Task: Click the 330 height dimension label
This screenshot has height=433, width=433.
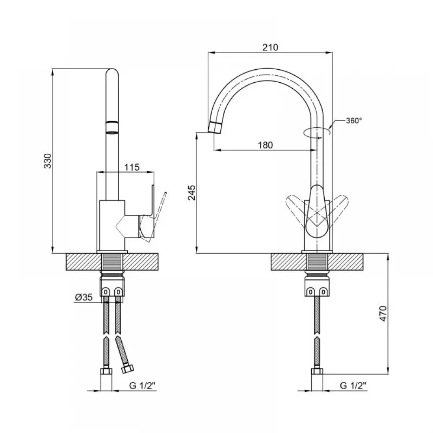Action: (x=48, y=161)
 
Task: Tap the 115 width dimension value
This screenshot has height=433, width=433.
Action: (x=132, y=167)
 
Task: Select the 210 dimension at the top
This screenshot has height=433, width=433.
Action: (x=270, y=48)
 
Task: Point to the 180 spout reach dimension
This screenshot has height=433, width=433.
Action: (x=265, y=145)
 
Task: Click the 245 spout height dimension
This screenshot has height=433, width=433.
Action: (x=191, y=193)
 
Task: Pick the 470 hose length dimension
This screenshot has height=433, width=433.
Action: (x=383, y=313)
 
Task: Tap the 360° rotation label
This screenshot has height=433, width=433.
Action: (x=354, y=121)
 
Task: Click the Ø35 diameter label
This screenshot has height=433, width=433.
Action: (x=84, y=297)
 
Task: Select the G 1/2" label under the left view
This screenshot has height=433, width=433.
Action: (x=142, y=385)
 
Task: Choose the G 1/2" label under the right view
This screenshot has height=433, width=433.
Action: (x=353, y=385)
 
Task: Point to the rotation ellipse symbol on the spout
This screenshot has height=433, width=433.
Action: (x=317, y=132)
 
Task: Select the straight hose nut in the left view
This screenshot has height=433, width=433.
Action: (x=106, y=371)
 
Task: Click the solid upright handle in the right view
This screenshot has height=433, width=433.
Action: (x=317, y=212)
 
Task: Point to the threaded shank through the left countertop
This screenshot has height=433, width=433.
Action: (x=112, y=262)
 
